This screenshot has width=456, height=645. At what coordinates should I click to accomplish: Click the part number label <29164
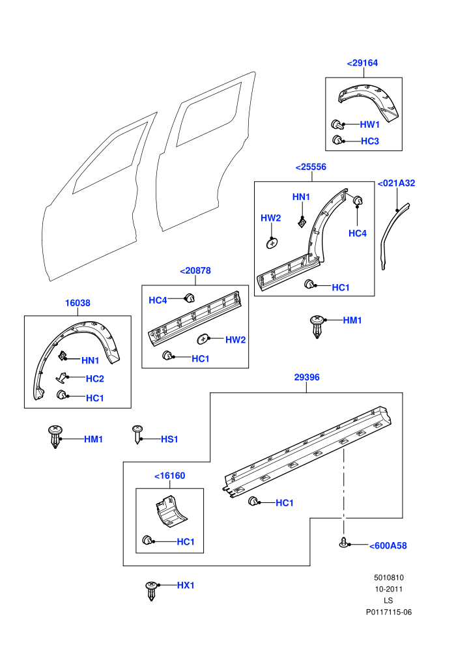pyautogui.click(x=362, y=63)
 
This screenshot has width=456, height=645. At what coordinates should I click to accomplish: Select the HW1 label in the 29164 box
pyautogui.click(x=369, y=124)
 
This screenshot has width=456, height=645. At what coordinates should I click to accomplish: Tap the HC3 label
pyautogui.click(x=369, y=141)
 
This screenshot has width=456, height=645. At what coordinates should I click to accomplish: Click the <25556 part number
pyautogui.click(x=311, y=167)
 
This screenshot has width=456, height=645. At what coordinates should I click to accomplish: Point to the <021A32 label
pyautogui.click(x=396, y=183)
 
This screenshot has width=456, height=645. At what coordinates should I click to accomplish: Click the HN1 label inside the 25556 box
pyautogui.click(x=301, y=197)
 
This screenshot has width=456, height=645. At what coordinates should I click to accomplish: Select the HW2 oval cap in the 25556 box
pyautogui.click(x=272, y=243)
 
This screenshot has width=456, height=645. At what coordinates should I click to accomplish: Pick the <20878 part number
pyautogui.click(x=195, y=270)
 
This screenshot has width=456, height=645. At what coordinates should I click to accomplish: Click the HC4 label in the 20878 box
pyautogui.click(x=158, y=300)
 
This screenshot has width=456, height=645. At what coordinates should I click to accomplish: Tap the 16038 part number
pyautogui.click(x=78, y=303)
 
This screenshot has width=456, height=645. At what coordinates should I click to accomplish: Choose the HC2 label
pyautogui.click(x=94, y=379)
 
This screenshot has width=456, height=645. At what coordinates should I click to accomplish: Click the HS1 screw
pyautogui.click(x=137, y=435)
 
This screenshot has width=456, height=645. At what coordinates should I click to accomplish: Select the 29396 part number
pyautogui.click(x=307, y=377)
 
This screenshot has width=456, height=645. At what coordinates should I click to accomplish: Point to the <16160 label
pyautogui.click(x=169, y=476)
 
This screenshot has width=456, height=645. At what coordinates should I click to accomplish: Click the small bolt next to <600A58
pyautogui.click(x=344, y=542)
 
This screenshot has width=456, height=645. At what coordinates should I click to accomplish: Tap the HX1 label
pyautogui.click(x=186, y=585)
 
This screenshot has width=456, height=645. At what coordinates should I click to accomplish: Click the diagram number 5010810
pyautogui.click(x=388, y=577)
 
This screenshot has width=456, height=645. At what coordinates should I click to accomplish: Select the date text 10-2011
pyautogui.click(x=388, y=589)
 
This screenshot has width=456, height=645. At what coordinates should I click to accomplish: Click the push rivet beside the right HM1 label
pyautogui.click(x=317, y=327)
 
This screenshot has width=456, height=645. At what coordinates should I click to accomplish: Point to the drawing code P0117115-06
pyautogui.click(x=388, y=612)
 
